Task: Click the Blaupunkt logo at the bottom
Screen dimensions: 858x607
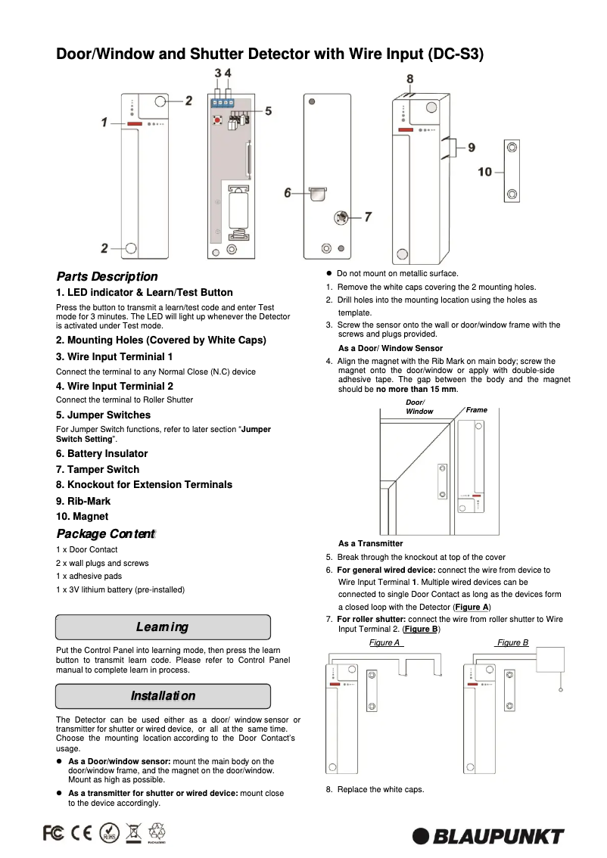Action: (488, 836)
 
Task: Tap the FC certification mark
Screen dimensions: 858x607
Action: (54, 833)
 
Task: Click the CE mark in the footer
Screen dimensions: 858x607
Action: (81, 833)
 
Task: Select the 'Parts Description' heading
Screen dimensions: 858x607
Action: (107, 277)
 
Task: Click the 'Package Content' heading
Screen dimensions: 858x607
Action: (105, 534)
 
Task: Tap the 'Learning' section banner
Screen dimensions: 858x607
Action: (163, 627)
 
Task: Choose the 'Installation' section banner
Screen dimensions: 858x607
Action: (163, 696)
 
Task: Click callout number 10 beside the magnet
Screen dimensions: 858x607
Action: (484, 173)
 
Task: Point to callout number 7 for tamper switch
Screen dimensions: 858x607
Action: (368, 216)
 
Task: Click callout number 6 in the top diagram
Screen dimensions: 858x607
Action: (288, 193)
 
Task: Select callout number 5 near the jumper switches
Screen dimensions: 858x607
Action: (269, 110)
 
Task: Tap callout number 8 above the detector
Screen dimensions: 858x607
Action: (409, 79)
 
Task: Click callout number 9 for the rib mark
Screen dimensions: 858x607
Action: (472, 148)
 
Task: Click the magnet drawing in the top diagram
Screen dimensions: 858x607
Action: (512, 171)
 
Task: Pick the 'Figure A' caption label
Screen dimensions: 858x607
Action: (385, 642)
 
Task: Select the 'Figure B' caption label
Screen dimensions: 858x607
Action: (512, 642)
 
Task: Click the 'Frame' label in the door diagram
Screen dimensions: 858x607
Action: (477, 409)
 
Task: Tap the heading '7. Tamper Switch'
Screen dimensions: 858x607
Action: (97, 469)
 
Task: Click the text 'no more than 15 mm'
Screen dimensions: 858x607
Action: (417, 389)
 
